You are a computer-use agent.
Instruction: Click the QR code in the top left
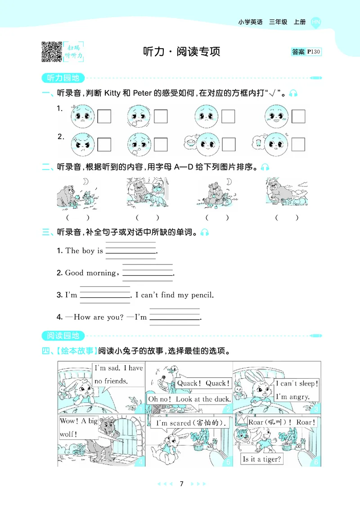[51, 51]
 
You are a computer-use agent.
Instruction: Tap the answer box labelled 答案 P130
[306, 52]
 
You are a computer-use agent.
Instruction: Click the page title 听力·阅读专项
[181, 52]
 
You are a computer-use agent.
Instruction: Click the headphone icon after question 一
[293, 94]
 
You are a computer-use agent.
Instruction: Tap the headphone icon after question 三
[205, 232]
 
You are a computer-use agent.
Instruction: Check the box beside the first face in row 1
[104, 116]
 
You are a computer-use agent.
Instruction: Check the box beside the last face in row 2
[298, 144]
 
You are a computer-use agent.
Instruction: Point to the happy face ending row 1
[276, 116]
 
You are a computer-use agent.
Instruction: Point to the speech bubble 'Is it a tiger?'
[262, 459]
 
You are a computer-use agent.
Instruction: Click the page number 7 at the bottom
[181, 484]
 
